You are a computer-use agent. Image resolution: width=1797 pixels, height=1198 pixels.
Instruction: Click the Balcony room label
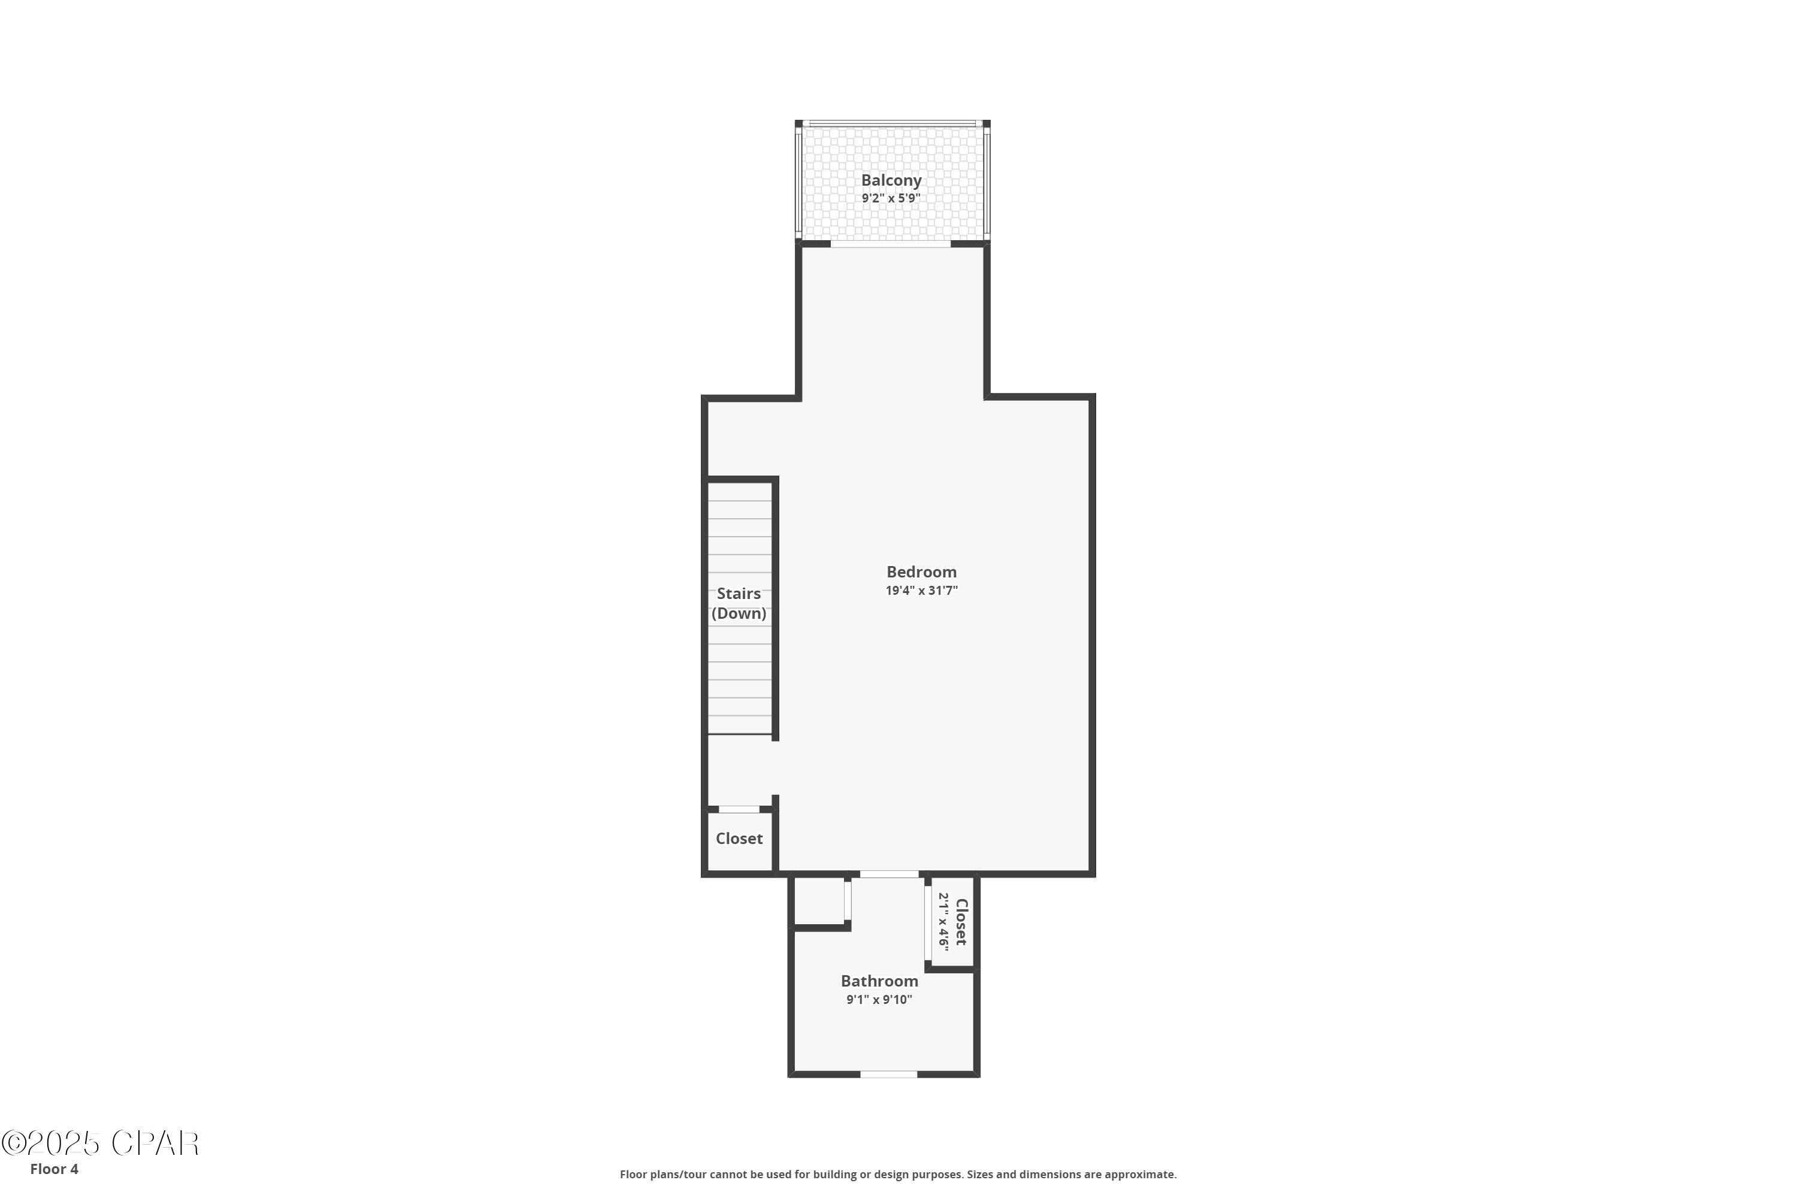pyautogui.click(x=891, y=180)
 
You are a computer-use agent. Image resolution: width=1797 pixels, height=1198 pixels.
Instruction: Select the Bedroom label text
pyautogui.click(x=921, y=572)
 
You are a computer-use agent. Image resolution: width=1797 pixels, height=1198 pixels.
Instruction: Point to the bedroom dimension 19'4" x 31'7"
pyautogui.click(x=921, y=591)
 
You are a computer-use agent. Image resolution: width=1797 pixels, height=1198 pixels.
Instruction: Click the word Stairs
pyautogui.click(x=738, y=594)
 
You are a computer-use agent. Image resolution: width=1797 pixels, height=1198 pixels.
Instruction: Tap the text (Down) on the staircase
pyautogui.click(x=738, y=613)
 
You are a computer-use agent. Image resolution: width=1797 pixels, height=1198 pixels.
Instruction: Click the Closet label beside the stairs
pyautogui.click(x=739, y=839)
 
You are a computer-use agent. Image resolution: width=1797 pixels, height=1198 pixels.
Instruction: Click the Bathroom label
pyautogui.click(x=879, y=981)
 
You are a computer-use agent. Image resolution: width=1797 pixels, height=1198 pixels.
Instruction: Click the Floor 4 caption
pyautogui.click(x=55, y=1169)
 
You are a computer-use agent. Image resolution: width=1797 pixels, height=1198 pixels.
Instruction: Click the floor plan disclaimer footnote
pyautogui.click(x=898, y=1174)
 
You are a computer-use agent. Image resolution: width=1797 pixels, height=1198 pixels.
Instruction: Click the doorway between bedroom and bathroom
pyautogui.click(x=890, y=874)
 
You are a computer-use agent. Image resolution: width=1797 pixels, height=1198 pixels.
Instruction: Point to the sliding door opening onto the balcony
pyautogui.click(x=891, y=244)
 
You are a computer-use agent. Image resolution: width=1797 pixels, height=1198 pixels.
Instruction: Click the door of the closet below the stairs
pyautogui.click(x=739, y=809)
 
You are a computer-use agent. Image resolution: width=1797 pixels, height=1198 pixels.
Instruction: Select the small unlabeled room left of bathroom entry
pyautogui.click(x=819, y=901)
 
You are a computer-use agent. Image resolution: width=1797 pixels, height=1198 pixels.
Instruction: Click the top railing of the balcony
pyautogui.click(x=893, y=123)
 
